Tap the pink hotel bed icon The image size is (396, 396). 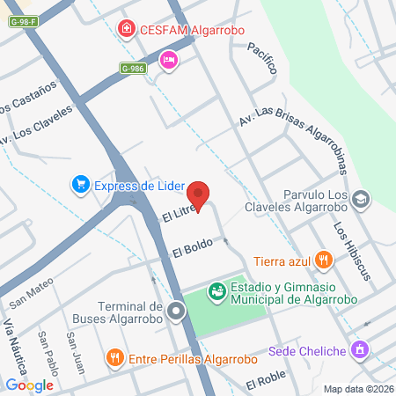(167, 59)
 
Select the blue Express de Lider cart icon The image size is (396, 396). (81, 184)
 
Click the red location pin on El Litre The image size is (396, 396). (200, 195)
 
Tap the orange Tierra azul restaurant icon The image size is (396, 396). (324, 260)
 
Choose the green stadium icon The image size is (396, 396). (216, 290)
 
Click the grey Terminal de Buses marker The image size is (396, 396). (177, 310)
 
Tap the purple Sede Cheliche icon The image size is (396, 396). (358, 351)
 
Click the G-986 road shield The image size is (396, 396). (133, 68)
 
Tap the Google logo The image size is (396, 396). (29, 385)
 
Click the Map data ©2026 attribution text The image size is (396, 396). (356, 389)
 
